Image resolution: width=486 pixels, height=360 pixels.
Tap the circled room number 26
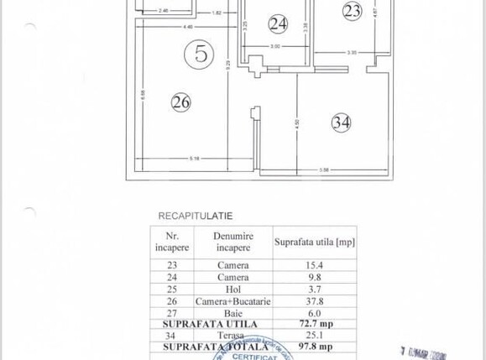click(180, 102)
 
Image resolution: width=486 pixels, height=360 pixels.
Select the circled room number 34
click(341, 122)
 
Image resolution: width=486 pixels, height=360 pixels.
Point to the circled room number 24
click(278, 23)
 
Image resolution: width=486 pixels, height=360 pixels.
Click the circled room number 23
click(353, 10)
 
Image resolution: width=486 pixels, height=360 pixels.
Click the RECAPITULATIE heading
click(196, 216)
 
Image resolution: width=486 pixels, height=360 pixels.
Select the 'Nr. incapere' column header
click(172, 243)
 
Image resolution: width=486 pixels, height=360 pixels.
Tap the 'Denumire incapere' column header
click(233, 243)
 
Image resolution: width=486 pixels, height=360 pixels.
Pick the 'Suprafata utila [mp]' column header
click(314, 243)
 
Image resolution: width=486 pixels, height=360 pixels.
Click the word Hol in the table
click(233, 289)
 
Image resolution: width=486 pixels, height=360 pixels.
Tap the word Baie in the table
click(233, 312)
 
